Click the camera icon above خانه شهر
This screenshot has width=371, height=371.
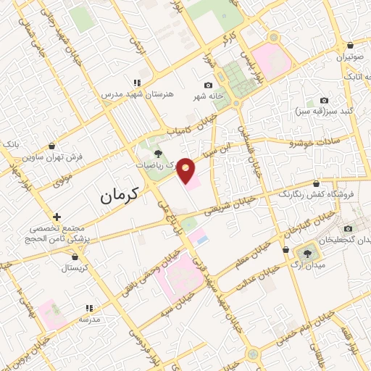209,86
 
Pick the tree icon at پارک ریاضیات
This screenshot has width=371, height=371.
158,153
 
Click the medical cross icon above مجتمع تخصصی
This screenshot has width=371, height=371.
57,217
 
